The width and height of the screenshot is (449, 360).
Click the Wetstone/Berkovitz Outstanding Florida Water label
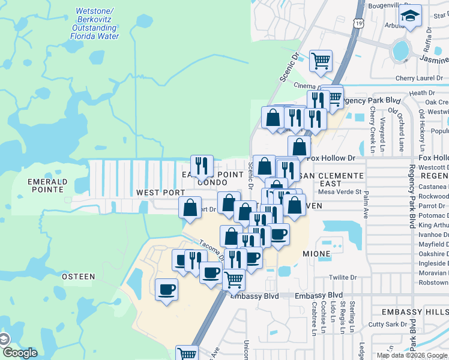(95, 23)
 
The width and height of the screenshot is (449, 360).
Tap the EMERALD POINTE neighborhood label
(46, 185)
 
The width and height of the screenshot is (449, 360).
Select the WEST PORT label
(160, 193)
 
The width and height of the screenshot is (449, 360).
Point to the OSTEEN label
(78, 276)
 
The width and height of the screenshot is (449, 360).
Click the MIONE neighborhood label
(316, 254)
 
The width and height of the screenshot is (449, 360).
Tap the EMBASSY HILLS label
(416, 313)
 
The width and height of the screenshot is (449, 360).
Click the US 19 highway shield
(358, 23)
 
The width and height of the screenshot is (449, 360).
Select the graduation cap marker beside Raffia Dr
(411, 15)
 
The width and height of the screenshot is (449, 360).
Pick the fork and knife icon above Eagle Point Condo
(202, 165)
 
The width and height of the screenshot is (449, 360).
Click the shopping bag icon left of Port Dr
(190, 208)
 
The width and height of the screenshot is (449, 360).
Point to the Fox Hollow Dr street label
(331, 158)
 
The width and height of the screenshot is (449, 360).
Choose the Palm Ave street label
(365, 205)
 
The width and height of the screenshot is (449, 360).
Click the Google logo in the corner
(19, 352)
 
